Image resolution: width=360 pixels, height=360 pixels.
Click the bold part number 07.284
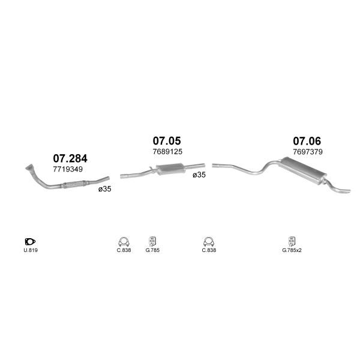[x=70, y=158]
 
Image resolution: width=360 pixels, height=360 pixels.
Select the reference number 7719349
[x=68, y=169]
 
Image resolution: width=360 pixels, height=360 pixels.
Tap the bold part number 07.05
[x=167, y=141]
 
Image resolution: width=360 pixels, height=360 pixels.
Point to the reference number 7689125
[x=167, y=152]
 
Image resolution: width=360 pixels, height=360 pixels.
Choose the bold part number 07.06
[x=307, y=141]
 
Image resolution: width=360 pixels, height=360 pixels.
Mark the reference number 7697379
[x=308, y=152]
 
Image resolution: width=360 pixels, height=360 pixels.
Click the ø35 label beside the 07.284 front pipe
[x=104, y=189]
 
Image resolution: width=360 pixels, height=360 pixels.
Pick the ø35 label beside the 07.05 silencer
[x=199, y=175]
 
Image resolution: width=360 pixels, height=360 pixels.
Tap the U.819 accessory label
[x=31, y=250]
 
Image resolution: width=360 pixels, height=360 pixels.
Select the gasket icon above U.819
[x=30, y=242]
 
